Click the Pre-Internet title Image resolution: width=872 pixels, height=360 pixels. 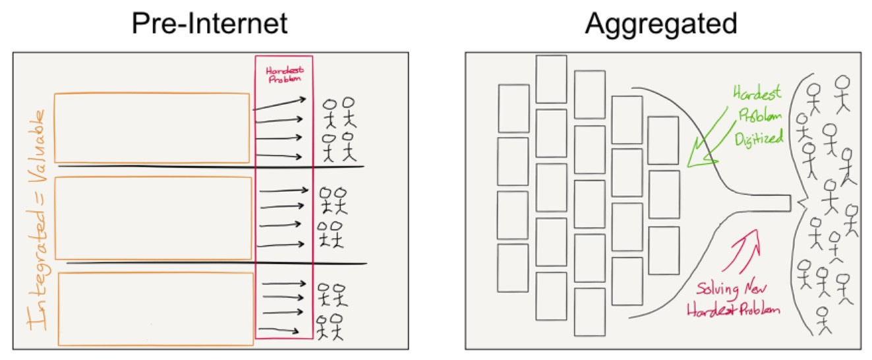click(x=209, y=24)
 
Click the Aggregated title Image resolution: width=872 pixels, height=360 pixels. click(x=660, y=24)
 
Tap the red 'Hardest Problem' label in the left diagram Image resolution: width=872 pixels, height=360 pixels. click(x=283, y=73)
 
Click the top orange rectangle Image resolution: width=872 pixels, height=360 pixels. click(x=152, y=127)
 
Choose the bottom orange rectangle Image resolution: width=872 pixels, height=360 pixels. click(x=157, y=309)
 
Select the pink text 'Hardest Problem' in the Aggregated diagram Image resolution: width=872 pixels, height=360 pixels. click(x=733, y=310)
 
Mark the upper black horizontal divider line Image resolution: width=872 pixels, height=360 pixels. click(x=211, y=167)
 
